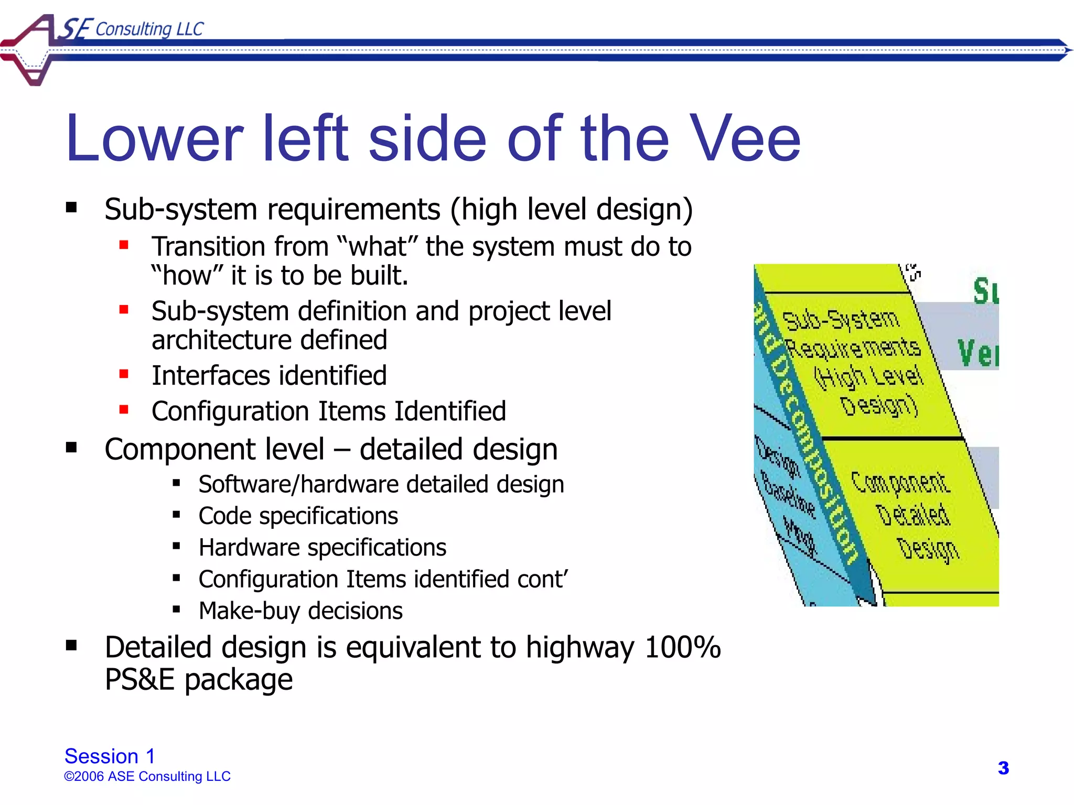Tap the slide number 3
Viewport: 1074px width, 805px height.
point(1003,768)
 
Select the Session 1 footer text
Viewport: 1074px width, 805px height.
point(110,756)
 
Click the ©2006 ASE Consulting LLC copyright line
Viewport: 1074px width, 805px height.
point(147,777)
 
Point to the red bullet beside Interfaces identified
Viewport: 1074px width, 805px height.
point(124,374)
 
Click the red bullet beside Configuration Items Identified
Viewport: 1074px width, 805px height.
point(124,410)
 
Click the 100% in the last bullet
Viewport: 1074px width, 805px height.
point(682,648)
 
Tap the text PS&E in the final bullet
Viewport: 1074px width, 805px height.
point(139,680)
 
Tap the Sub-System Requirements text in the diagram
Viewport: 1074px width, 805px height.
point(850,335)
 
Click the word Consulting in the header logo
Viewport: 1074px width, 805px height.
point(133,29)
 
